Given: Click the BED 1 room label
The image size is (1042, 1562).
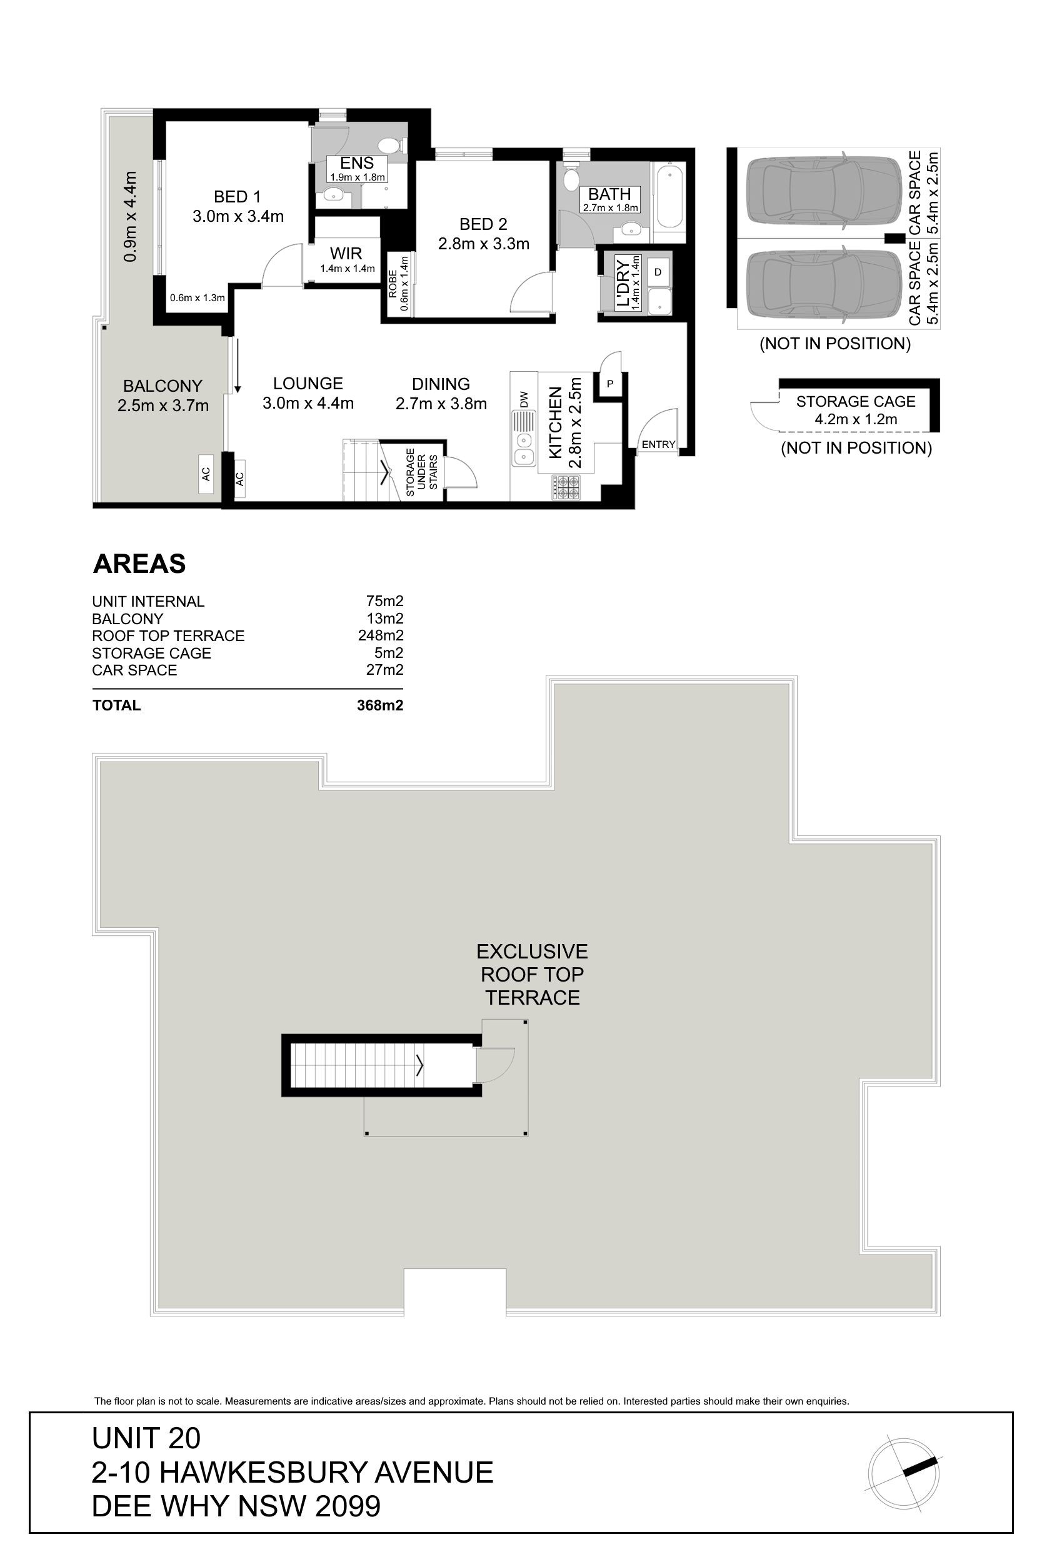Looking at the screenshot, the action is (x=238, y=197).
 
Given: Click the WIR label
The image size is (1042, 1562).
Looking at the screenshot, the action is (x=346, y=253).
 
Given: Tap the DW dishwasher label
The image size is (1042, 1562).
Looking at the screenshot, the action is (x=524, y=400).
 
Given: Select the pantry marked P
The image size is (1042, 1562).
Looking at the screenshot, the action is (x=609, y=384).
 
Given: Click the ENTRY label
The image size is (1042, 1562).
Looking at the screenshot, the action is (x=659, y=444).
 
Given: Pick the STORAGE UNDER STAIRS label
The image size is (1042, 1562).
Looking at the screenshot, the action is (x=421, y=472).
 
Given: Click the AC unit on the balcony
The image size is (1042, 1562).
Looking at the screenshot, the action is (x=206, y=474).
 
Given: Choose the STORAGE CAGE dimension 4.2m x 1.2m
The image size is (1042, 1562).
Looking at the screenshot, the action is (x=856, y=419).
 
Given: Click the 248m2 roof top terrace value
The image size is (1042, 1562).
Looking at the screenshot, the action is (x=381, y=635).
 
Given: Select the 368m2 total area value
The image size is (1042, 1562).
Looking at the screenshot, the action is (x=380, y=705).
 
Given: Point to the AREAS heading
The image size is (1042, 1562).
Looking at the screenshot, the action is (x=139, y=564).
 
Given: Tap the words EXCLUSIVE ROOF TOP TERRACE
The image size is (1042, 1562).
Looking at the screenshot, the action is (x=533, y=974).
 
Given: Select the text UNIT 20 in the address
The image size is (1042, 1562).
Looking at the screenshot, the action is (x=146, y=1438).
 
